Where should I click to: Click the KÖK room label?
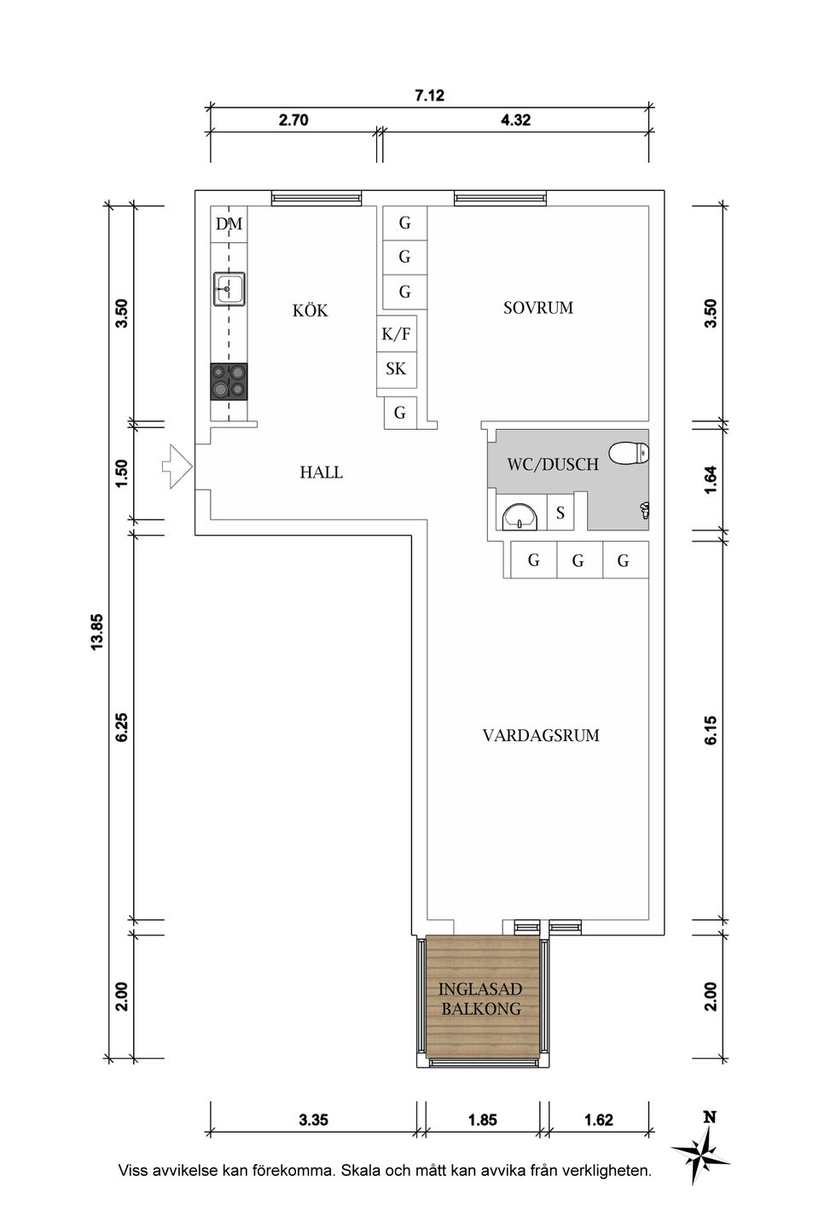(310, 310)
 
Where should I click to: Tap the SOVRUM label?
(538, 308)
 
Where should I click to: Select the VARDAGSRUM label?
(541, 735)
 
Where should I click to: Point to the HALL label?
(321, 472)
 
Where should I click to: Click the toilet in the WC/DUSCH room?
(629, 454)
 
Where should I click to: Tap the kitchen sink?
(229, 289)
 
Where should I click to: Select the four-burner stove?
(229, 381)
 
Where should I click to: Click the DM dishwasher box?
(229, 224)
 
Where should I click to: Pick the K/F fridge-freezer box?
(396, 333)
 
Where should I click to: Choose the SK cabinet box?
(396, 369)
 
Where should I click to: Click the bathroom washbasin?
(520, 517)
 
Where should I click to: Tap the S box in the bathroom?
(561, 513)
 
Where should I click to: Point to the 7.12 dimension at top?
(429, 96)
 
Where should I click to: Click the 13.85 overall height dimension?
(96, 632)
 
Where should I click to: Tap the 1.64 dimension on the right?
(711, 479)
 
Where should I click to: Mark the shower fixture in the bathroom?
(645, 510)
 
